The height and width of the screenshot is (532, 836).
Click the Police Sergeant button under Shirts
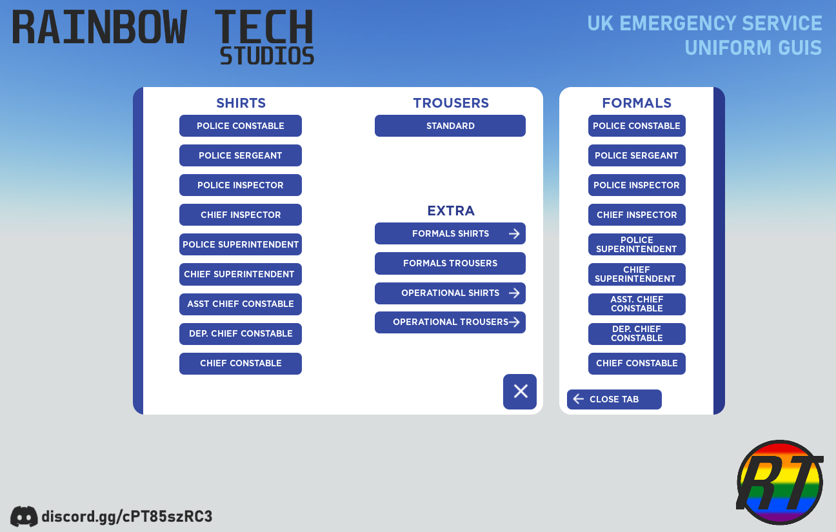(241, 155)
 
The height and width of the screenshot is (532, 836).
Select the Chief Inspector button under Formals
(637, 215)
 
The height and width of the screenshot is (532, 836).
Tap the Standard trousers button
(450, 126)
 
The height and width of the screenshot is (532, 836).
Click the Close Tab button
(614, 399)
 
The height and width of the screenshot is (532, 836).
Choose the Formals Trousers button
(450, 263)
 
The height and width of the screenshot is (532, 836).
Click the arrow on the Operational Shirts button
(514, 293)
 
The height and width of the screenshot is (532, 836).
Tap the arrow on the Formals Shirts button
(514, 233)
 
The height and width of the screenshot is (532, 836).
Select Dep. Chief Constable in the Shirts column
(241, 333)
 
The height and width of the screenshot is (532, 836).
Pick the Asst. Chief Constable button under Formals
(637, 304)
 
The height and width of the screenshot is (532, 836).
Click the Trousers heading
(451, 103)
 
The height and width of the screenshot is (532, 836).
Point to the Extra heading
(451, 211)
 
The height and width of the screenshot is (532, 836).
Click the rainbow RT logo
(780, 482)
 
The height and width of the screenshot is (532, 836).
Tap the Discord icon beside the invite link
(24, 517)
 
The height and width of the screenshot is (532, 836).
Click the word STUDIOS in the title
(267, 56)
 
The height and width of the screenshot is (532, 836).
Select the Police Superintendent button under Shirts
(241, 244)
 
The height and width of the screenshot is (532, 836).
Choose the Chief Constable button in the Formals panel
(637, 363)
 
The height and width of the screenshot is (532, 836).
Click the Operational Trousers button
(450, 322)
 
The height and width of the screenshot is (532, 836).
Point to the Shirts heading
(241, 103)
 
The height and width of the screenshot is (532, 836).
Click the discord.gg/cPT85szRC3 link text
(127, 517)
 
